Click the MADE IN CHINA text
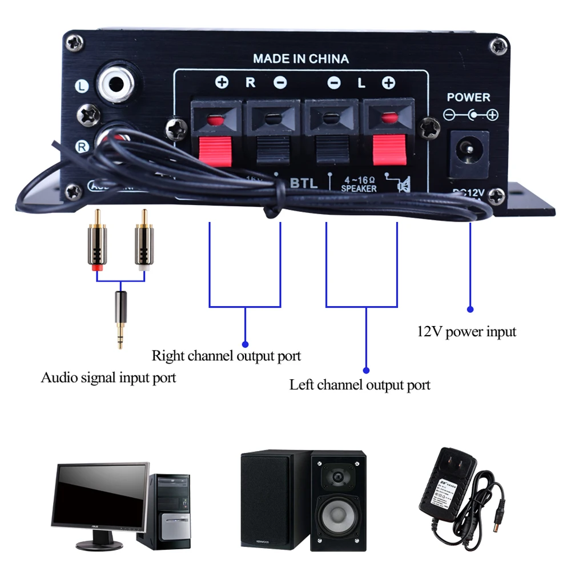[x=300, y=58]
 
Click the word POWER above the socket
[x=468, y=98]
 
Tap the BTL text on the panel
[x=303, y=183]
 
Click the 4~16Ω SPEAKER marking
[x=359, y=184]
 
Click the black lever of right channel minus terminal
[x=272, y=150]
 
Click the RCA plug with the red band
[x=96, y=243]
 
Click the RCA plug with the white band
[x=144, y=243]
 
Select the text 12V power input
[x=467, y=331]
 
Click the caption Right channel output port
[x=226, y=356]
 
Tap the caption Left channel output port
[x=360, y=384]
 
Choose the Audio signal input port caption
[x=108, y=377]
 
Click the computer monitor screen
[x=100, y=494]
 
